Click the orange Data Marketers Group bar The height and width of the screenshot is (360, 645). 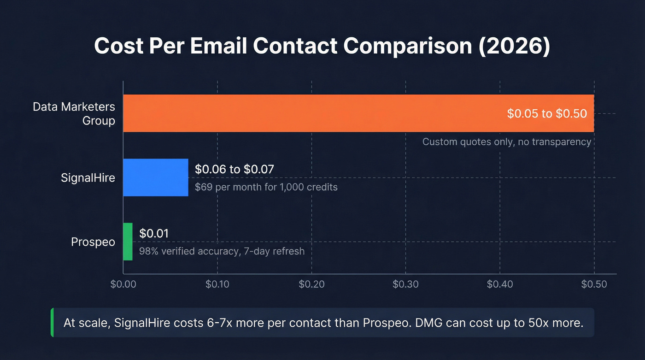tap(313, 113)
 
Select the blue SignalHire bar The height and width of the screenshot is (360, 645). tap(156, 177)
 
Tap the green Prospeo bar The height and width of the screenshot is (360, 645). tap(128, 242)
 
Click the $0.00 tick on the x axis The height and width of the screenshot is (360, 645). tap(123, 284)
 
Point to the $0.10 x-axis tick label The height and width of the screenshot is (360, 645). tap(217, 284)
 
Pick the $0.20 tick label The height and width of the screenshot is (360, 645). tap(311, 284)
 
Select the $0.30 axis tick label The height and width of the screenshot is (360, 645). tap(405, 284)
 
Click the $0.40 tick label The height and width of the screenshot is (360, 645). tap(500, 284)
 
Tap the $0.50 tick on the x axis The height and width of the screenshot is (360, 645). tap(594, 284)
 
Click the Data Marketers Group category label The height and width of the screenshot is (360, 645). tap(74, 114)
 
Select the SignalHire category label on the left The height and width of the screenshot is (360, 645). tap(88, 178)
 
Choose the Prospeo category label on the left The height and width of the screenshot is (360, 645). tap(93, 242)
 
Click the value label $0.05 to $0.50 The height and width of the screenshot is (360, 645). tap(547, 113)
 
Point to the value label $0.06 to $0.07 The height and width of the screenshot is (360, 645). tap(235, 170)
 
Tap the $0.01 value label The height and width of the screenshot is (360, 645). tap(154, 234)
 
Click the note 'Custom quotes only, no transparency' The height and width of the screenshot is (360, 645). tap(507, 142)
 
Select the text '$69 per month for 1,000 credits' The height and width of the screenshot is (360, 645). tap(266, 187)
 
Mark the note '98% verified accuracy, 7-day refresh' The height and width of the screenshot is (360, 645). tap(222, 252)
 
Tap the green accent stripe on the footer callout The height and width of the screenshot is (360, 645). tap(52, 323)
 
